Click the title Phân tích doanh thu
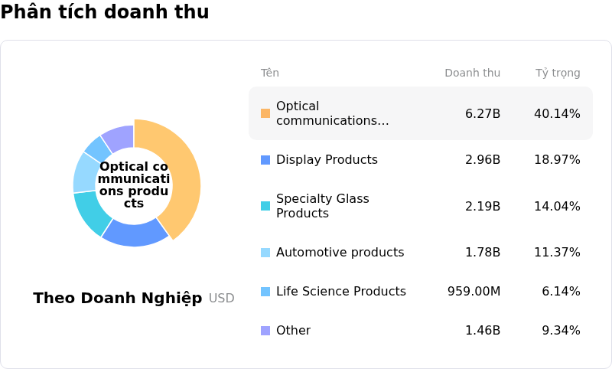(105, 12)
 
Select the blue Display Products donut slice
(135, 232)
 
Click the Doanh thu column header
(472, 73)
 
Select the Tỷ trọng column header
(558, 73)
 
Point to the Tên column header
(269, 73)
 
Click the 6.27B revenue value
(483, 114)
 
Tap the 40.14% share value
(557, 114)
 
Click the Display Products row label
(327, 160)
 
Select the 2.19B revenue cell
(483, 206)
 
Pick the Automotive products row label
(340, 253)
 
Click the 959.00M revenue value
(474, 292)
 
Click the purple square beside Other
(265, 331)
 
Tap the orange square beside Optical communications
(265, 113)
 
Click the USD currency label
(222, 299)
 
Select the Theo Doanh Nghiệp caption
(118, 299)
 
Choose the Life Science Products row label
(340, 292)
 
